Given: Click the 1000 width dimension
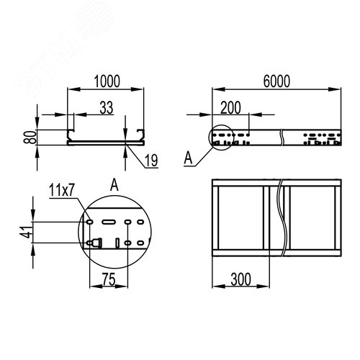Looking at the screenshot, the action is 107,81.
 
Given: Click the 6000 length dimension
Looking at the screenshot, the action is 276,81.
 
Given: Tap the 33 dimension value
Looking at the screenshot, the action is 107,108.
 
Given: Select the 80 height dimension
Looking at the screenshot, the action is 30,137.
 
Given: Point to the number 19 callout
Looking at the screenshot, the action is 151,161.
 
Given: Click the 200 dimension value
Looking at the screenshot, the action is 230,108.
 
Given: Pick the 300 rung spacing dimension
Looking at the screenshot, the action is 240,279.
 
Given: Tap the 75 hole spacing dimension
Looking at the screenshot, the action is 109,279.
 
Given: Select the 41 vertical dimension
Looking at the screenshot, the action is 27,233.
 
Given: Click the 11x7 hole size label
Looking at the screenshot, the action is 62,190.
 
